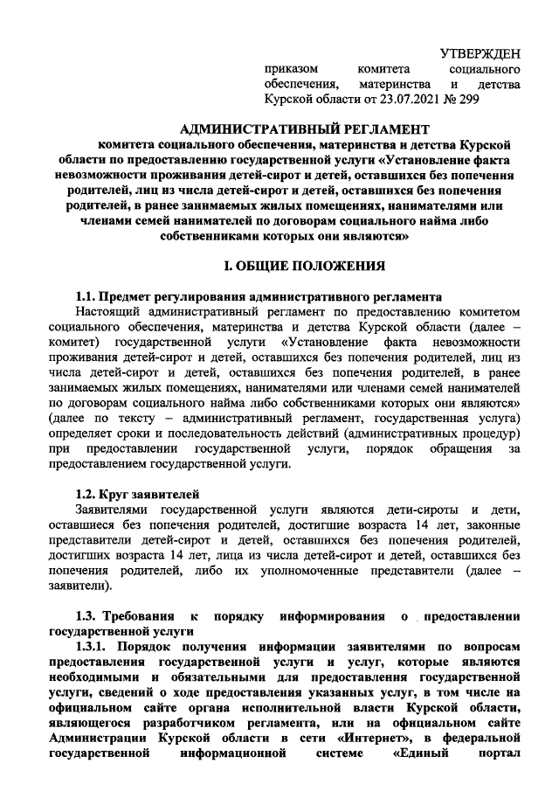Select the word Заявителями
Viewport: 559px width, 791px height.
tap(116, 510)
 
